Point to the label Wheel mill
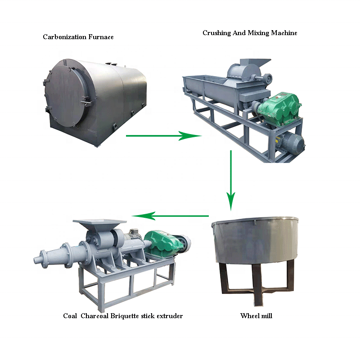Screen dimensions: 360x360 256,316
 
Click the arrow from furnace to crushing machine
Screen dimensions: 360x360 162,135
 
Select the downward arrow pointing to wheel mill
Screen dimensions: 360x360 231,180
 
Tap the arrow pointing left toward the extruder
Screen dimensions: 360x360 171,216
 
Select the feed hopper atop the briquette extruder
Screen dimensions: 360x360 100,225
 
